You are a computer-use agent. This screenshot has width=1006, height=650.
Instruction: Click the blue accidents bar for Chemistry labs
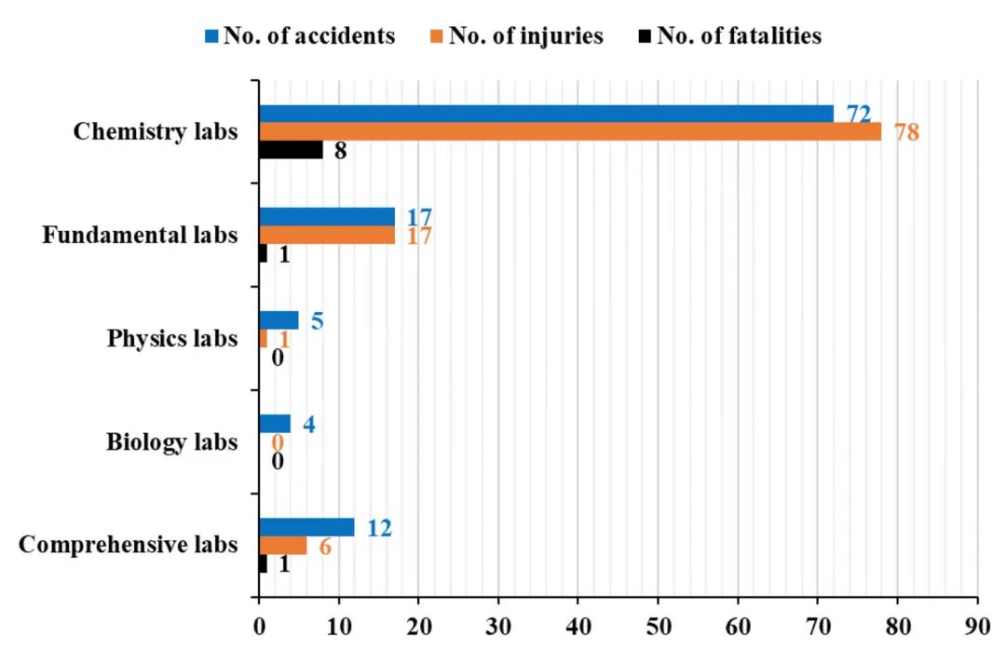547,114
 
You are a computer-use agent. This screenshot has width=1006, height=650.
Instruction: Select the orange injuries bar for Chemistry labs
570,131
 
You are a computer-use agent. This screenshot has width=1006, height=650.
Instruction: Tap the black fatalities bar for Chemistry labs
292,150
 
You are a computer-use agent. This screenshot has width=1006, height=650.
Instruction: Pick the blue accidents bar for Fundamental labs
327,217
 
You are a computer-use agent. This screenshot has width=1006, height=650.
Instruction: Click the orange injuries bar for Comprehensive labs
283,546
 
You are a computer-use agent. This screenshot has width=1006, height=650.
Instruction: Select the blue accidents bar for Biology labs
275,424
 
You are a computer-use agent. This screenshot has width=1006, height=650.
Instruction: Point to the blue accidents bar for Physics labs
279,320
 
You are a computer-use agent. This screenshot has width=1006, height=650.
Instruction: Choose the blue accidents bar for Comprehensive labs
306,527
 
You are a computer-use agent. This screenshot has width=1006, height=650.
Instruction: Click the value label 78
906,132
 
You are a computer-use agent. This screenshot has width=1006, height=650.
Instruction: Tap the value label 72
859,115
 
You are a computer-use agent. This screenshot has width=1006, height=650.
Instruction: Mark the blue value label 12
379,528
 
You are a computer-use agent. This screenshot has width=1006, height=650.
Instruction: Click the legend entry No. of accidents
300,35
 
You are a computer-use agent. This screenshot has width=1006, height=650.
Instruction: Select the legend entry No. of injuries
516,35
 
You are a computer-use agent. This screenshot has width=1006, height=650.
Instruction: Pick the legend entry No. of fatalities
730,35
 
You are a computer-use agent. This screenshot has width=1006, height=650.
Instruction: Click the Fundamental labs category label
140,235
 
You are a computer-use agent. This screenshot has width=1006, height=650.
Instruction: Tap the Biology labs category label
172,442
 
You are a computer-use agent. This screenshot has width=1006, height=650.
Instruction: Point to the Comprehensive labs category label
129,545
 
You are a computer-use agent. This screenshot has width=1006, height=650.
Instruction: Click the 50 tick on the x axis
659,627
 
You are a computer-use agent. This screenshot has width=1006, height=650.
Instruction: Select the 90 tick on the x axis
978,627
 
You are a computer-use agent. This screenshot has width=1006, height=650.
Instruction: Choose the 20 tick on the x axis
419,627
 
